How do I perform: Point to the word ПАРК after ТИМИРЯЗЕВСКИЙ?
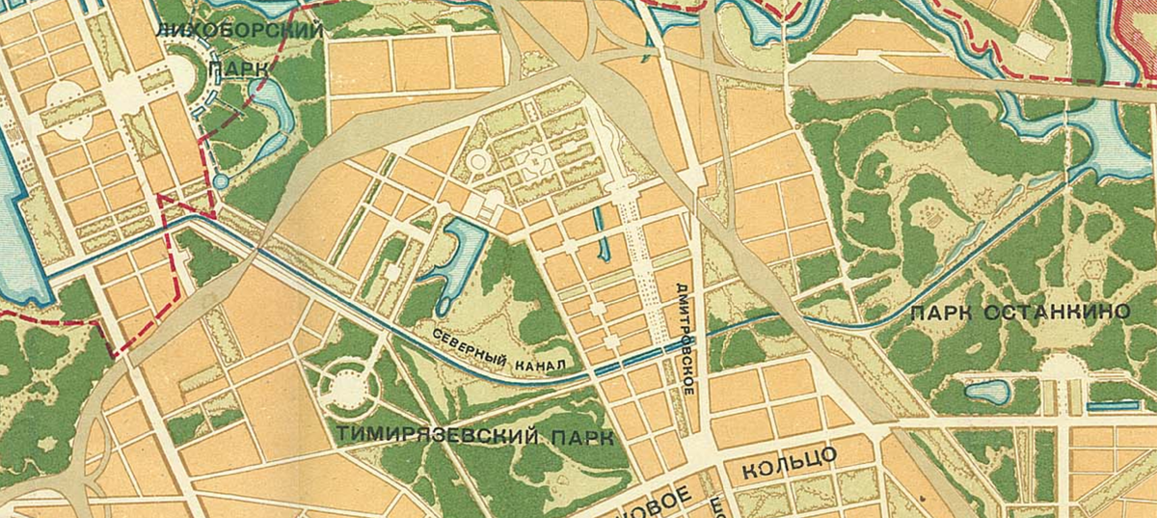pyautogui.click(x=582, y=439)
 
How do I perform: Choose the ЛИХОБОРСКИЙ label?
pyautogui.click(x=240, y=30)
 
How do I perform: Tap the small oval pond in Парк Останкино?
pyautogui.click(x=988, y=391)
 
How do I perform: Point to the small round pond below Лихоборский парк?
pyautogui.click(x=221, y=180)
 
